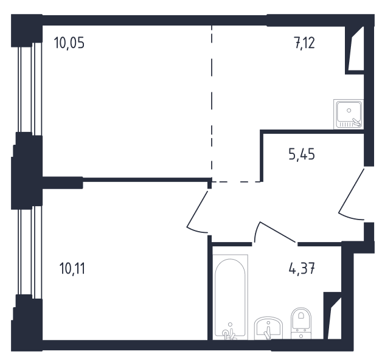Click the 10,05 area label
coord(69,43)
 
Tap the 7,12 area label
coord(305,43)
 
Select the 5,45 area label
coord(302,154)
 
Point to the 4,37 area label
coord(302,268)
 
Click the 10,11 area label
coord(72,269)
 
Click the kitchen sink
coord(349,114)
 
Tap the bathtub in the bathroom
coord(230,297)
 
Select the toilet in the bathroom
coord(301,324)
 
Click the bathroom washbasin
coord(268,328)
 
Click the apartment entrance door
coord(352,194)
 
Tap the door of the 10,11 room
coord(197,212)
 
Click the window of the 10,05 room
coord(30,89)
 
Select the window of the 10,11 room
coord(30,252)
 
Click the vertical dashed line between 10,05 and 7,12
coord(212,103)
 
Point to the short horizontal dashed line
coord(236,182)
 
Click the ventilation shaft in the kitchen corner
coord(355,49)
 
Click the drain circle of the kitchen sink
coord(349,111)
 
